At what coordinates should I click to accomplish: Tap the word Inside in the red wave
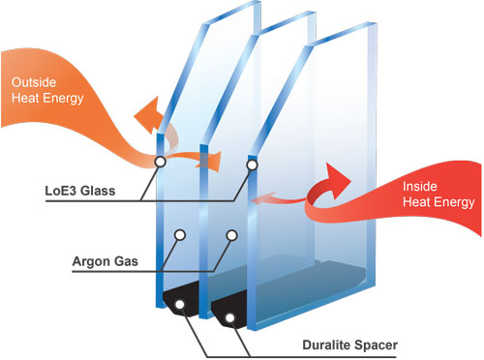(410, 186)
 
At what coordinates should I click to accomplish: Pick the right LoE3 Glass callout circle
(252, 165)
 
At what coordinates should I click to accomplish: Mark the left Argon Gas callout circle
(180, 235)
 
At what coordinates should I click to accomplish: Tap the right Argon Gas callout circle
(231, 234)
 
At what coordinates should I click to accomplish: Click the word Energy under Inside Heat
(451, 202)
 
